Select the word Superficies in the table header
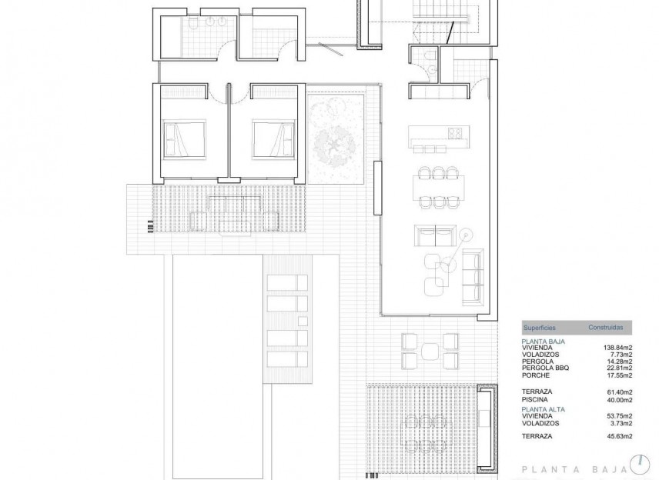point(539,328)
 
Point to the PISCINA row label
point(536,400)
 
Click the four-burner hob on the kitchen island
point(454,133)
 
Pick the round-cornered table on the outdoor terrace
point(430,351)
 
